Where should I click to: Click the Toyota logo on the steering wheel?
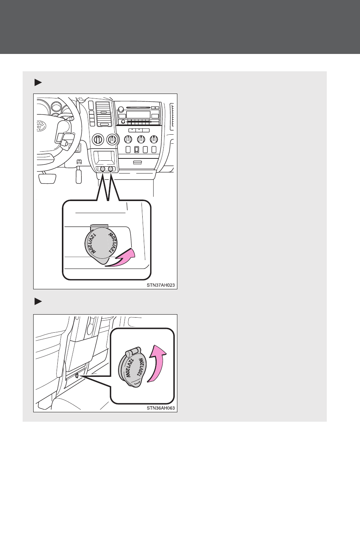point(40,126)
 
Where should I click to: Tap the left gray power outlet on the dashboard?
point(102,169)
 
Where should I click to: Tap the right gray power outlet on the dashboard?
point(110,169)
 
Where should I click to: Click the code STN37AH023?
point(161,285)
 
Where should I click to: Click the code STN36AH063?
point(161,408)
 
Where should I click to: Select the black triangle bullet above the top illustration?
point(38,82)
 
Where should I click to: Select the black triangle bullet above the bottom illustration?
point(38,302)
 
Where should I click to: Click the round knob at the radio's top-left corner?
point(121,109)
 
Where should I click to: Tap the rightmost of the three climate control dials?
point(154,139)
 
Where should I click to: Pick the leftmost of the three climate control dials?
point(128,139)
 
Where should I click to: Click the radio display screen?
point(138,115)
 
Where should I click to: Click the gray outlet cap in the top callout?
point(100,244)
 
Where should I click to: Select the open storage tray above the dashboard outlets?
point(105,158)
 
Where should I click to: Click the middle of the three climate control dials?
point(141,139)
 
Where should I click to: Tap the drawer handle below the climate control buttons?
point(137,163)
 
